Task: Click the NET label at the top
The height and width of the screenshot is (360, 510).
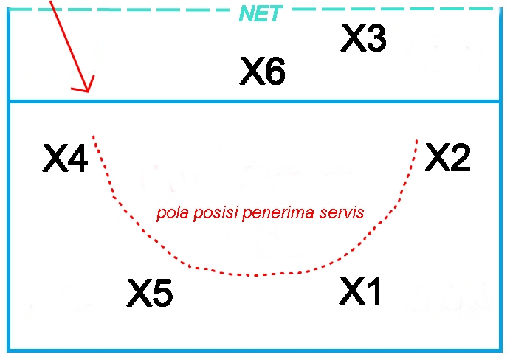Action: pos(259,13)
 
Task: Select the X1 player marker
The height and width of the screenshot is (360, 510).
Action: pos(362,290)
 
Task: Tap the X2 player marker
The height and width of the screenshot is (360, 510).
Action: pos(448,157)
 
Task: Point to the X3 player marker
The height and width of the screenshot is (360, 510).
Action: pos(364,38)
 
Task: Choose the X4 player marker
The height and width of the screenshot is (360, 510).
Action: pos(65,158)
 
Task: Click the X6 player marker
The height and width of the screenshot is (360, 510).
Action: pos(263,72)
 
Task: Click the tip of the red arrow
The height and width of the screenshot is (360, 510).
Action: pos(88,92)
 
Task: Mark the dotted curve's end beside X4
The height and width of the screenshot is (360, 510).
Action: pos(94,136)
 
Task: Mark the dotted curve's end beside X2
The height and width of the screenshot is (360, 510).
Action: pos(417,139)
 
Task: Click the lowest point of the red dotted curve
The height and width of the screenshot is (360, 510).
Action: pos(255,275)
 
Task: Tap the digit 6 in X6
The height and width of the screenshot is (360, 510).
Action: pos(274,72)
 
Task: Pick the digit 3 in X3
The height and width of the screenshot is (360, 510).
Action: pos(375,38)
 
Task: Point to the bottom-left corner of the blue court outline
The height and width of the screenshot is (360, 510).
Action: pos(9,350)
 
